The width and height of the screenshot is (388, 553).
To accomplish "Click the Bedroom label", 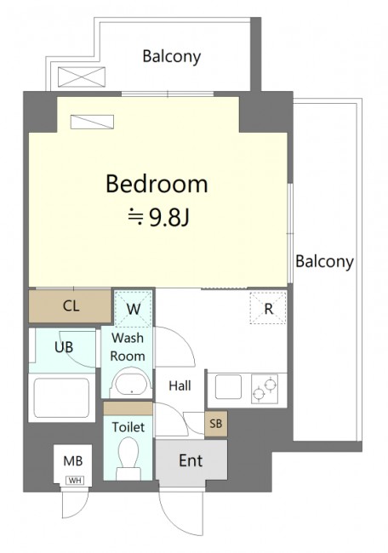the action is (157, 184).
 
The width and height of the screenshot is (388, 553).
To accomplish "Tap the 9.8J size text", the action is (169, 219).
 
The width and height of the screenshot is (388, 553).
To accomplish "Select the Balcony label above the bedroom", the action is (172, 57).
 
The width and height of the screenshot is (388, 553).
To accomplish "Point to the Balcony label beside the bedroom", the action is (324, 262).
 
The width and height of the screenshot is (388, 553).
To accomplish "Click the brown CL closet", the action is (70, 305).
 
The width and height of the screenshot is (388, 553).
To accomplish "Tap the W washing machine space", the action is (134, 309).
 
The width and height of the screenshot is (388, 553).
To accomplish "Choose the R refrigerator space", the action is (268, 308).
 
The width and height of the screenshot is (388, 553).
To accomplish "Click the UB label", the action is (64, 348).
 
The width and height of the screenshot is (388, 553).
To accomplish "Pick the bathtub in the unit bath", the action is (61, 398).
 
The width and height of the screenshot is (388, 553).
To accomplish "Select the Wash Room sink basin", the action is (131, 385).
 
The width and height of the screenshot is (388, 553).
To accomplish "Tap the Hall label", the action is (180, 386).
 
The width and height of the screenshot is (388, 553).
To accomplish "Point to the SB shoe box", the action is (216, 423).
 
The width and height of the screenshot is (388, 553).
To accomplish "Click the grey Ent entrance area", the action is (191, 460).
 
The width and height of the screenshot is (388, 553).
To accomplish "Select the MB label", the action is (73, 461).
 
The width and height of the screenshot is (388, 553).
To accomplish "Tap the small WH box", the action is (75, 481).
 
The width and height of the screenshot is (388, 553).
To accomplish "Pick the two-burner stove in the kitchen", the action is (265, 389).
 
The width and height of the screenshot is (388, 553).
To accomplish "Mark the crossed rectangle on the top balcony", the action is (82, 77).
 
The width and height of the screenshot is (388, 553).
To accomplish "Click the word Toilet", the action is (128, 427).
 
